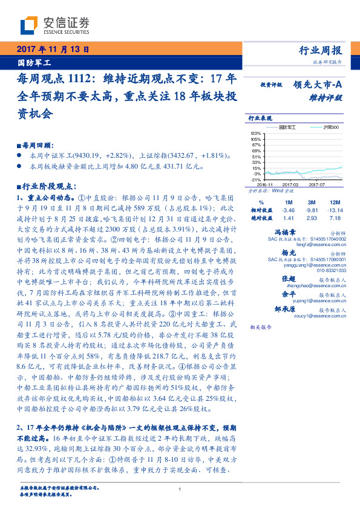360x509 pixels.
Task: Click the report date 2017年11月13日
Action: point(54,50)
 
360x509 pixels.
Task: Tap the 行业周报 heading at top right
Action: point(321,50)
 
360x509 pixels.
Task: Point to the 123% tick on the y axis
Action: point(255,133)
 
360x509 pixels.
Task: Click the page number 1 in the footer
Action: point(180,489)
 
